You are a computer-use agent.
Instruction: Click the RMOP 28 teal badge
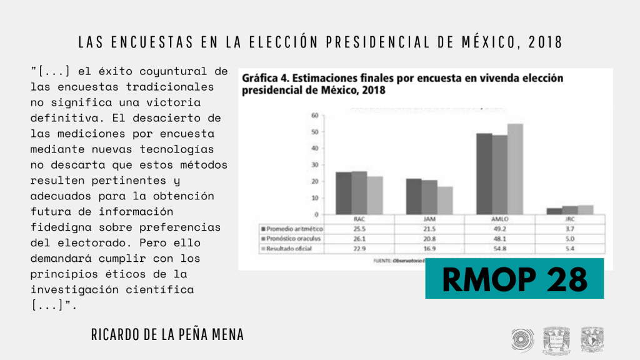[514, 278]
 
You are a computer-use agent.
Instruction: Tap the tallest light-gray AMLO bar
[514, 169]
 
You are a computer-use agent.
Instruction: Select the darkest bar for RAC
[343, 193]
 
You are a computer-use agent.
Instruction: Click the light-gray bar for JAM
[444, 200]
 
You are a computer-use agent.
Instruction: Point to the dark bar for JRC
[554, 211]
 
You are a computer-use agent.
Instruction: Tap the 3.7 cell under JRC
[569, 229]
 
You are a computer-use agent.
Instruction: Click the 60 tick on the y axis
[315, 116]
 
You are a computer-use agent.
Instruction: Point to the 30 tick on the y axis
[315, 165]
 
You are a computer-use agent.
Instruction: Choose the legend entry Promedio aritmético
[291, 229]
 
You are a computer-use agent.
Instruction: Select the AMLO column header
[499, 220]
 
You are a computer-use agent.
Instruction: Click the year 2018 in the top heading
[545, 42]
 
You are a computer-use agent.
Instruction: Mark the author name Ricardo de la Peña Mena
[167, 335]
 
